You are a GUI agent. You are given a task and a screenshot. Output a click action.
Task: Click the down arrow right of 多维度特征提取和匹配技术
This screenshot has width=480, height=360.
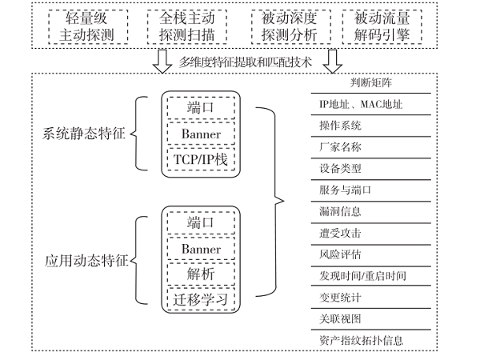pos(334,60)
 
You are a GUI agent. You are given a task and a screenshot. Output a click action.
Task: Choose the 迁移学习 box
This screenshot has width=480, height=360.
pos(201,299)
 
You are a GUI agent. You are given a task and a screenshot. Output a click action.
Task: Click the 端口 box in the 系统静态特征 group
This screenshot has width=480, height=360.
pos(201,107)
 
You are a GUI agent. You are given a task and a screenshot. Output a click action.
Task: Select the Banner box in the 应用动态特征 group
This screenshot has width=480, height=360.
pos(201,249)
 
